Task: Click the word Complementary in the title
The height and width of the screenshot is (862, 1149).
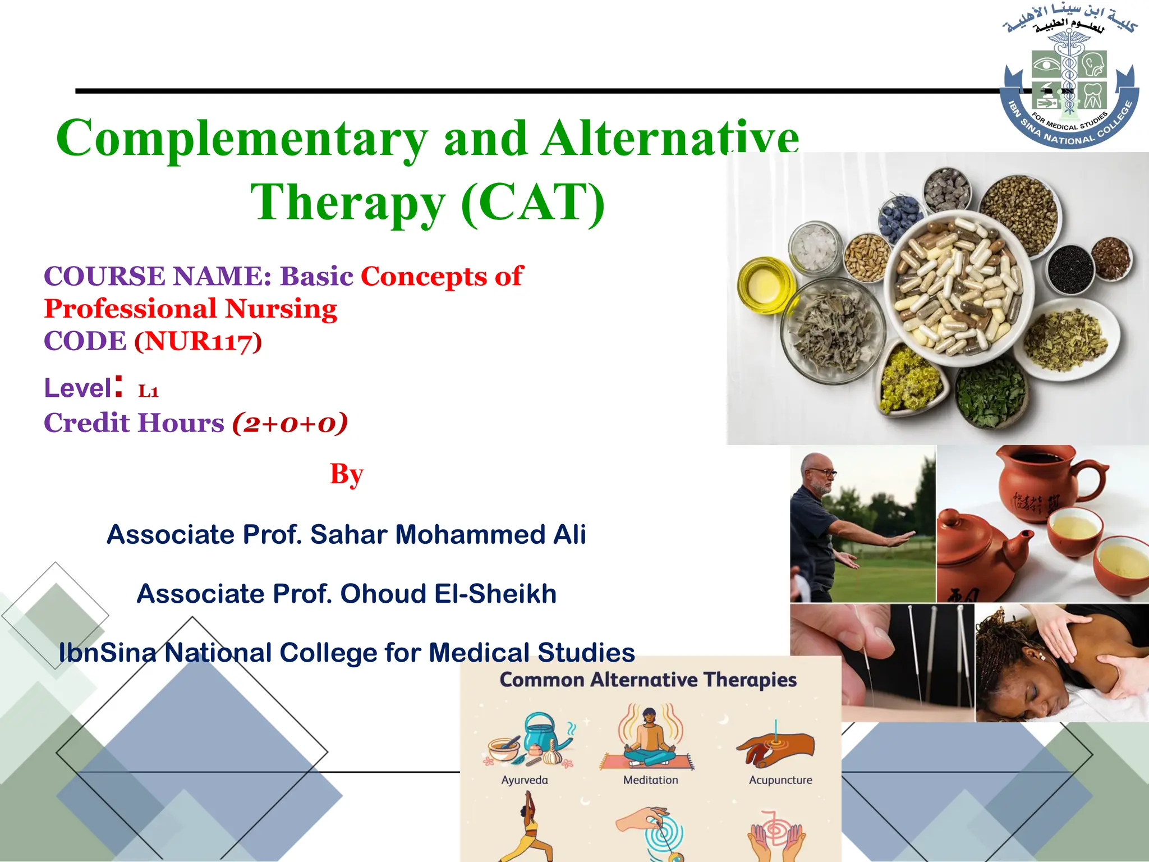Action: pos(241,139)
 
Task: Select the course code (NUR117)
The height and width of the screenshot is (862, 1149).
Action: pos(198,341)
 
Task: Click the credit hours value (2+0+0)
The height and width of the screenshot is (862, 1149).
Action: pos(290,423)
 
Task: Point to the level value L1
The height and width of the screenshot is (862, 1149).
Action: pos(149,391)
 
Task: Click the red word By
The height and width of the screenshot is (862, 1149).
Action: pos(346,474)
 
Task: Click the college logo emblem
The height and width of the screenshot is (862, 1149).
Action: pos(1069,81)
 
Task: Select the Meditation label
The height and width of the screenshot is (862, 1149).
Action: pos(650,780)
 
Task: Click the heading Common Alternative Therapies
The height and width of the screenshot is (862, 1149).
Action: pos(648,680)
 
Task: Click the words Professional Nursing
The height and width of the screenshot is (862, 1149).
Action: pos(191,309)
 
